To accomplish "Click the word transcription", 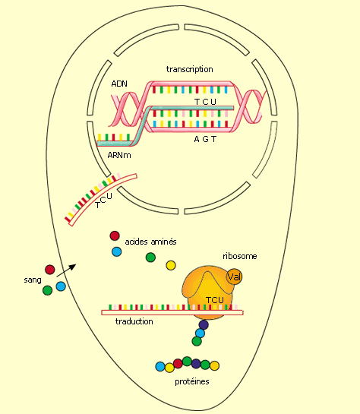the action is [x=190, y=69].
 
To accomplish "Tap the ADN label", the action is [x=119, y=84].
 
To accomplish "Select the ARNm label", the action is [x=119, y=155].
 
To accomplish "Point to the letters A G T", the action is [x=205, y=139].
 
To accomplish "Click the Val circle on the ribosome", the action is [x=234, y=277].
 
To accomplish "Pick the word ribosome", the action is [x=240, y=256].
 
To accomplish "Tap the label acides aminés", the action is [x=150, y=242].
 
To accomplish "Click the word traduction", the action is [x=134, y=321].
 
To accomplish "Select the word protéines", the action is [x=192, y=381].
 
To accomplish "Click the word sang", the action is [x=33, y=280].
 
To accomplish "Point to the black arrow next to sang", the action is [x=66, y=270].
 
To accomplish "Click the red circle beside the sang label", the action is [x=50, y=270].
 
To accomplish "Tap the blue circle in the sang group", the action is [x=61, y=286].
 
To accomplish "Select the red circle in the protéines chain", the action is [x=178, y=363].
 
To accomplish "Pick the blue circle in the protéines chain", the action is [x=160, y=366].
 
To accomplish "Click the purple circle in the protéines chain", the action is [x=196, y=364].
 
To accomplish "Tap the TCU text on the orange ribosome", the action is [x=215, y=300].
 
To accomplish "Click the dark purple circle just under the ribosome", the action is [x=204, y=324].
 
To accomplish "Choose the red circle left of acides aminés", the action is [x=115, y=235].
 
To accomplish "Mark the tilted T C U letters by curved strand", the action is [x=104, y=201].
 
